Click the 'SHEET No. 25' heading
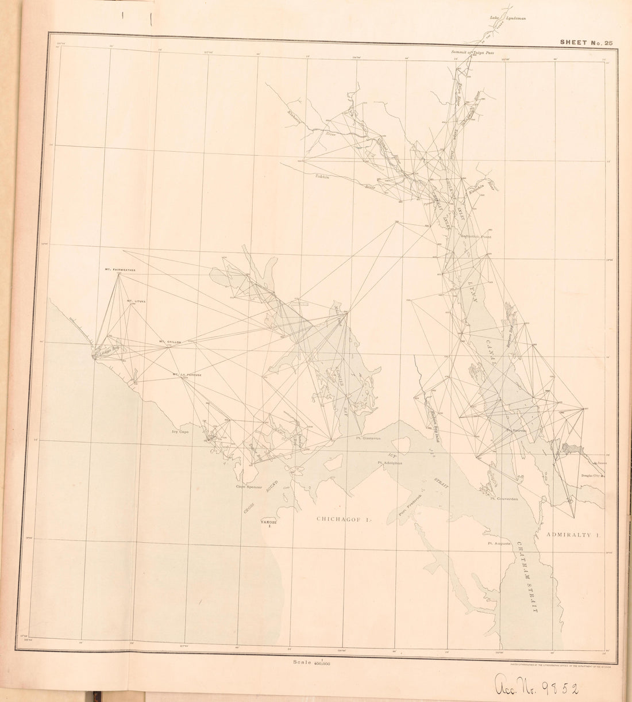[x=584, y=41]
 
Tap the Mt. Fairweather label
[x=119, y=268]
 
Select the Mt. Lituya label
[x=136, y=300]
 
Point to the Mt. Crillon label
[x=170, y=342]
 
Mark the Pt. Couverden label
[x=504, y=499]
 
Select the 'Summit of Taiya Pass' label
[x=472, y=52]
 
